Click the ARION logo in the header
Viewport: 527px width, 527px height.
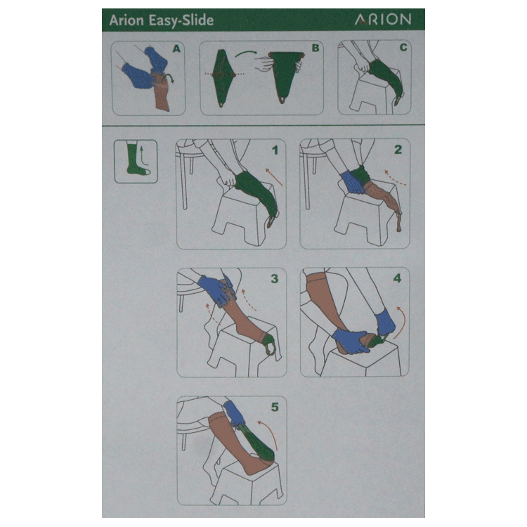(383, 20)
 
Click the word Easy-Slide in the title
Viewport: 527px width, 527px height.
(181, 20)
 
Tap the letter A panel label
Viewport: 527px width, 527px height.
(176, 49)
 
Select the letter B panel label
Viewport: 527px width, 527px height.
(315, 48)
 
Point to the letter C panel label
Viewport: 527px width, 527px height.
(403, 47)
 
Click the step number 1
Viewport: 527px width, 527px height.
(275, 150)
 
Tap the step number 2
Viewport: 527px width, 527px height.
(398, 150)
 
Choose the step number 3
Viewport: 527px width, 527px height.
(275, 279)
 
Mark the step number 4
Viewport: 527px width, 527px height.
(397, 278)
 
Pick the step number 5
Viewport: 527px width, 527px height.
(275, 408)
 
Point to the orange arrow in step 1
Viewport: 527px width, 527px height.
(274, 177)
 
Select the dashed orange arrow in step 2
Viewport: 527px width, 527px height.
(395, 178)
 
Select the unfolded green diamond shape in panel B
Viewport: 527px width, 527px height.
(221, 77)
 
